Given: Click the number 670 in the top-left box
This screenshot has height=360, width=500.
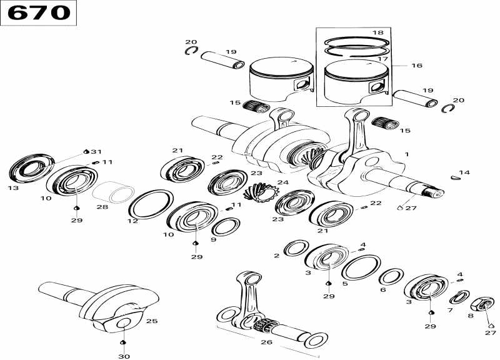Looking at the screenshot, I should [x=38, y=12].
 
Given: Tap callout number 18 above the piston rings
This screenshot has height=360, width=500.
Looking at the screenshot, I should [x=377, y=32].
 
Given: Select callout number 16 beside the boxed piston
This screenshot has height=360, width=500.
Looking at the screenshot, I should [x=417, y=65].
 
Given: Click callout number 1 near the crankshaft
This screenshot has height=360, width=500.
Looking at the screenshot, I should [x=407, y=154].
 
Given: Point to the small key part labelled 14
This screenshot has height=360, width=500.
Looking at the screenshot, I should [x=455, y=177].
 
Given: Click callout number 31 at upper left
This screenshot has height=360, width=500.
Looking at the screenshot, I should [x=95, y=152].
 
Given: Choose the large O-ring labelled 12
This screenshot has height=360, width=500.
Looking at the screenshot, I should [x=151, y=205].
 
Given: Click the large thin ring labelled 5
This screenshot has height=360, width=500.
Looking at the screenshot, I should [x=361, y=267].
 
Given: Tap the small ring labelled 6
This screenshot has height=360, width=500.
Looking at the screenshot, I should [x=391, y=277].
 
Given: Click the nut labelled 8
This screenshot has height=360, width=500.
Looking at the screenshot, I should [x=482, y=304].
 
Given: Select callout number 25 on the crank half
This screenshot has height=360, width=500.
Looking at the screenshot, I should [x=152, y=321].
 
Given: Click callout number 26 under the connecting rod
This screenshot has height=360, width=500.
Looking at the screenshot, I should [x=266, y=342].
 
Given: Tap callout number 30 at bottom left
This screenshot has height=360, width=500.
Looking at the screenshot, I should [x=124, y=356].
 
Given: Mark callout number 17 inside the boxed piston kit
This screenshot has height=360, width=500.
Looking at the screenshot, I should [x=383, y=59].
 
